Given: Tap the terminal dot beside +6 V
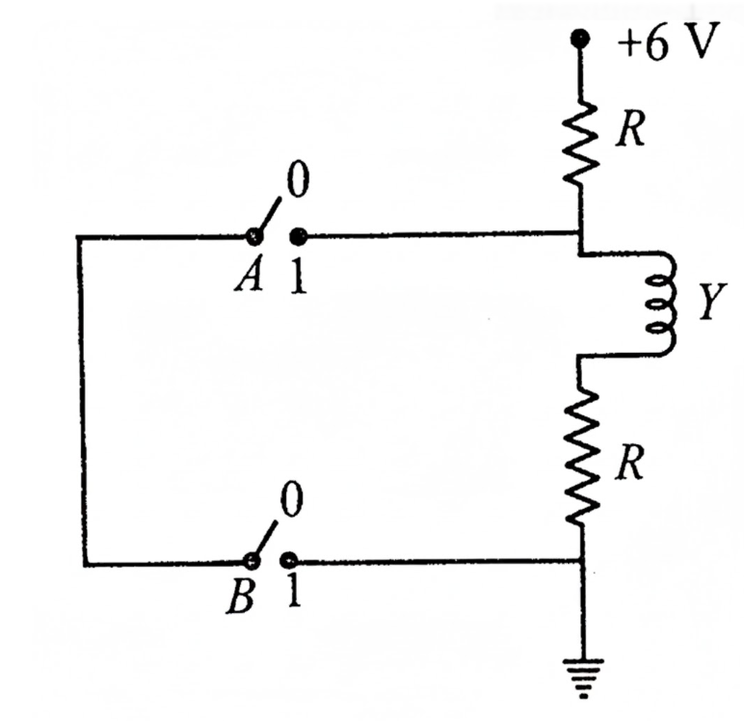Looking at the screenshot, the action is click(579, 38).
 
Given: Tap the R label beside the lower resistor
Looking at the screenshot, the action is click(629, 463).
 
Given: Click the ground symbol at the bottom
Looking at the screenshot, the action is click(584, 678).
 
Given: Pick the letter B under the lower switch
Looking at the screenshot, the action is click(241, 597).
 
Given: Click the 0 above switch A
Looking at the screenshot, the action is click(298, 180).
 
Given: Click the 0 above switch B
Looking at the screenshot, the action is click(291, 500).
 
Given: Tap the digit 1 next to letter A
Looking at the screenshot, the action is click(298, 278).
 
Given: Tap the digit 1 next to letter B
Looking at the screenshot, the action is click(293, 593).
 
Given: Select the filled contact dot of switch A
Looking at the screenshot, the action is click(298, 236).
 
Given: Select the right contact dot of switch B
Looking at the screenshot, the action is click(289, 561).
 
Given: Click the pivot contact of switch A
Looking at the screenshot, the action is click(253, 236).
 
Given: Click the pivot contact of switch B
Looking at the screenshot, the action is click(251, 562).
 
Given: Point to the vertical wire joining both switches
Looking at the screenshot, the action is click(82, 400).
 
